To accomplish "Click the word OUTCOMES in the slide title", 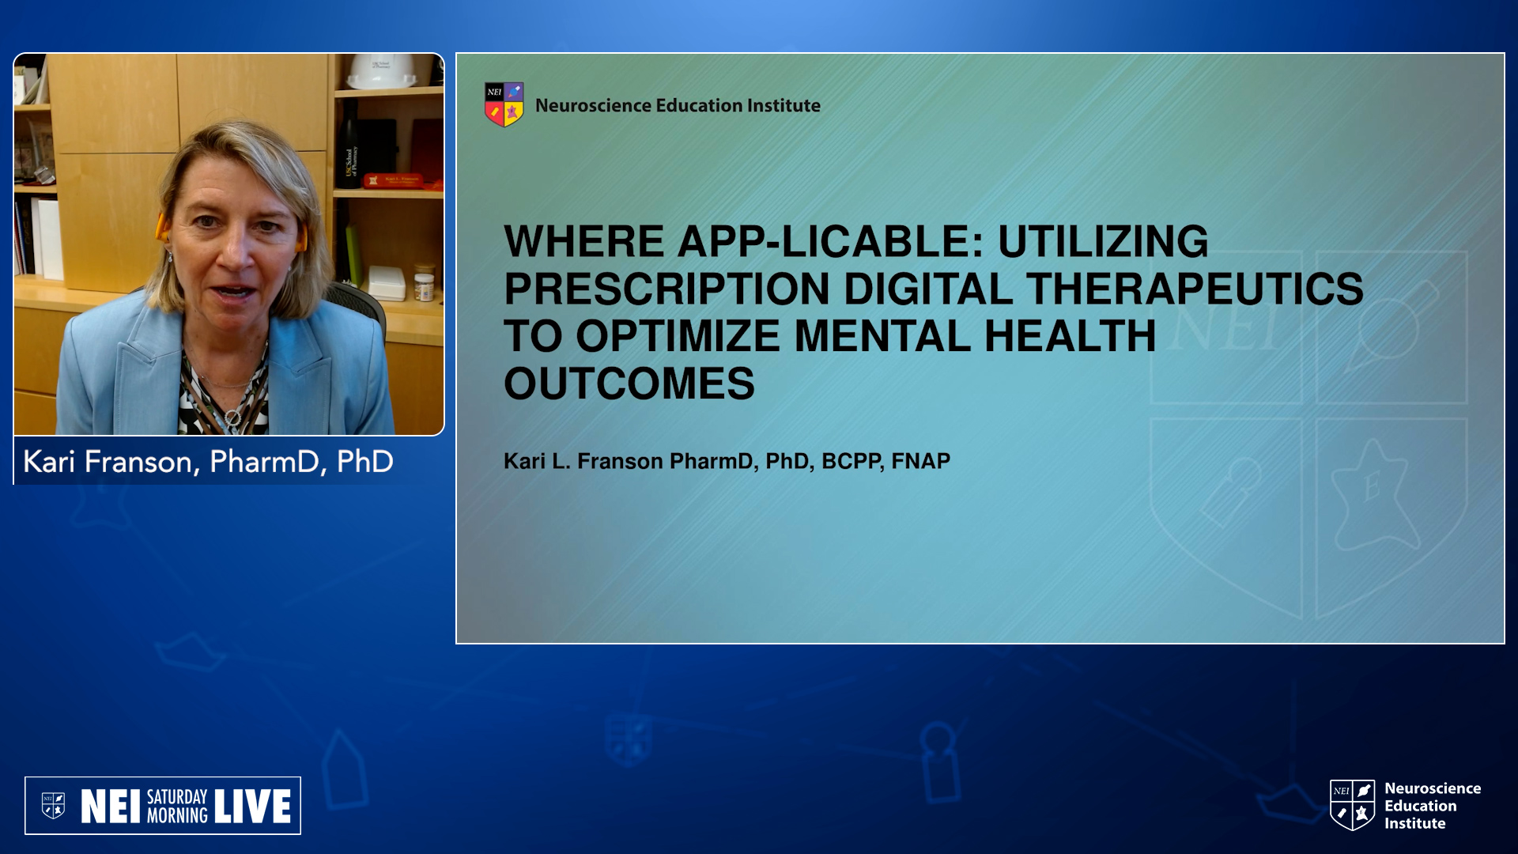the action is [x=629, y=384].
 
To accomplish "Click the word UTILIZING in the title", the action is [x=1103, y=241].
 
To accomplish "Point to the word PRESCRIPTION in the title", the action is [x=667, y=289].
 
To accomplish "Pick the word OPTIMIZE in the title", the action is [x=678, y=336].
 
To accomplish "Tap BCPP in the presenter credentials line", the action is [x=852, y=461].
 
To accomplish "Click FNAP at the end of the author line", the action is [x=921, y=461].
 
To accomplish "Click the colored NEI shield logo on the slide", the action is [x=504, y=104].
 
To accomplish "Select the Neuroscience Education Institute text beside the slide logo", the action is [x=678, y=105].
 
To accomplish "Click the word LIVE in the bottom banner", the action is [x=252, y=807].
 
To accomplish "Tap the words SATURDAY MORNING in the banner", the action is [x=177, y=807].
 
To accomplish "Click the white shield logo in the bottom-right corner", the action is [x=1352, y=805].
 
